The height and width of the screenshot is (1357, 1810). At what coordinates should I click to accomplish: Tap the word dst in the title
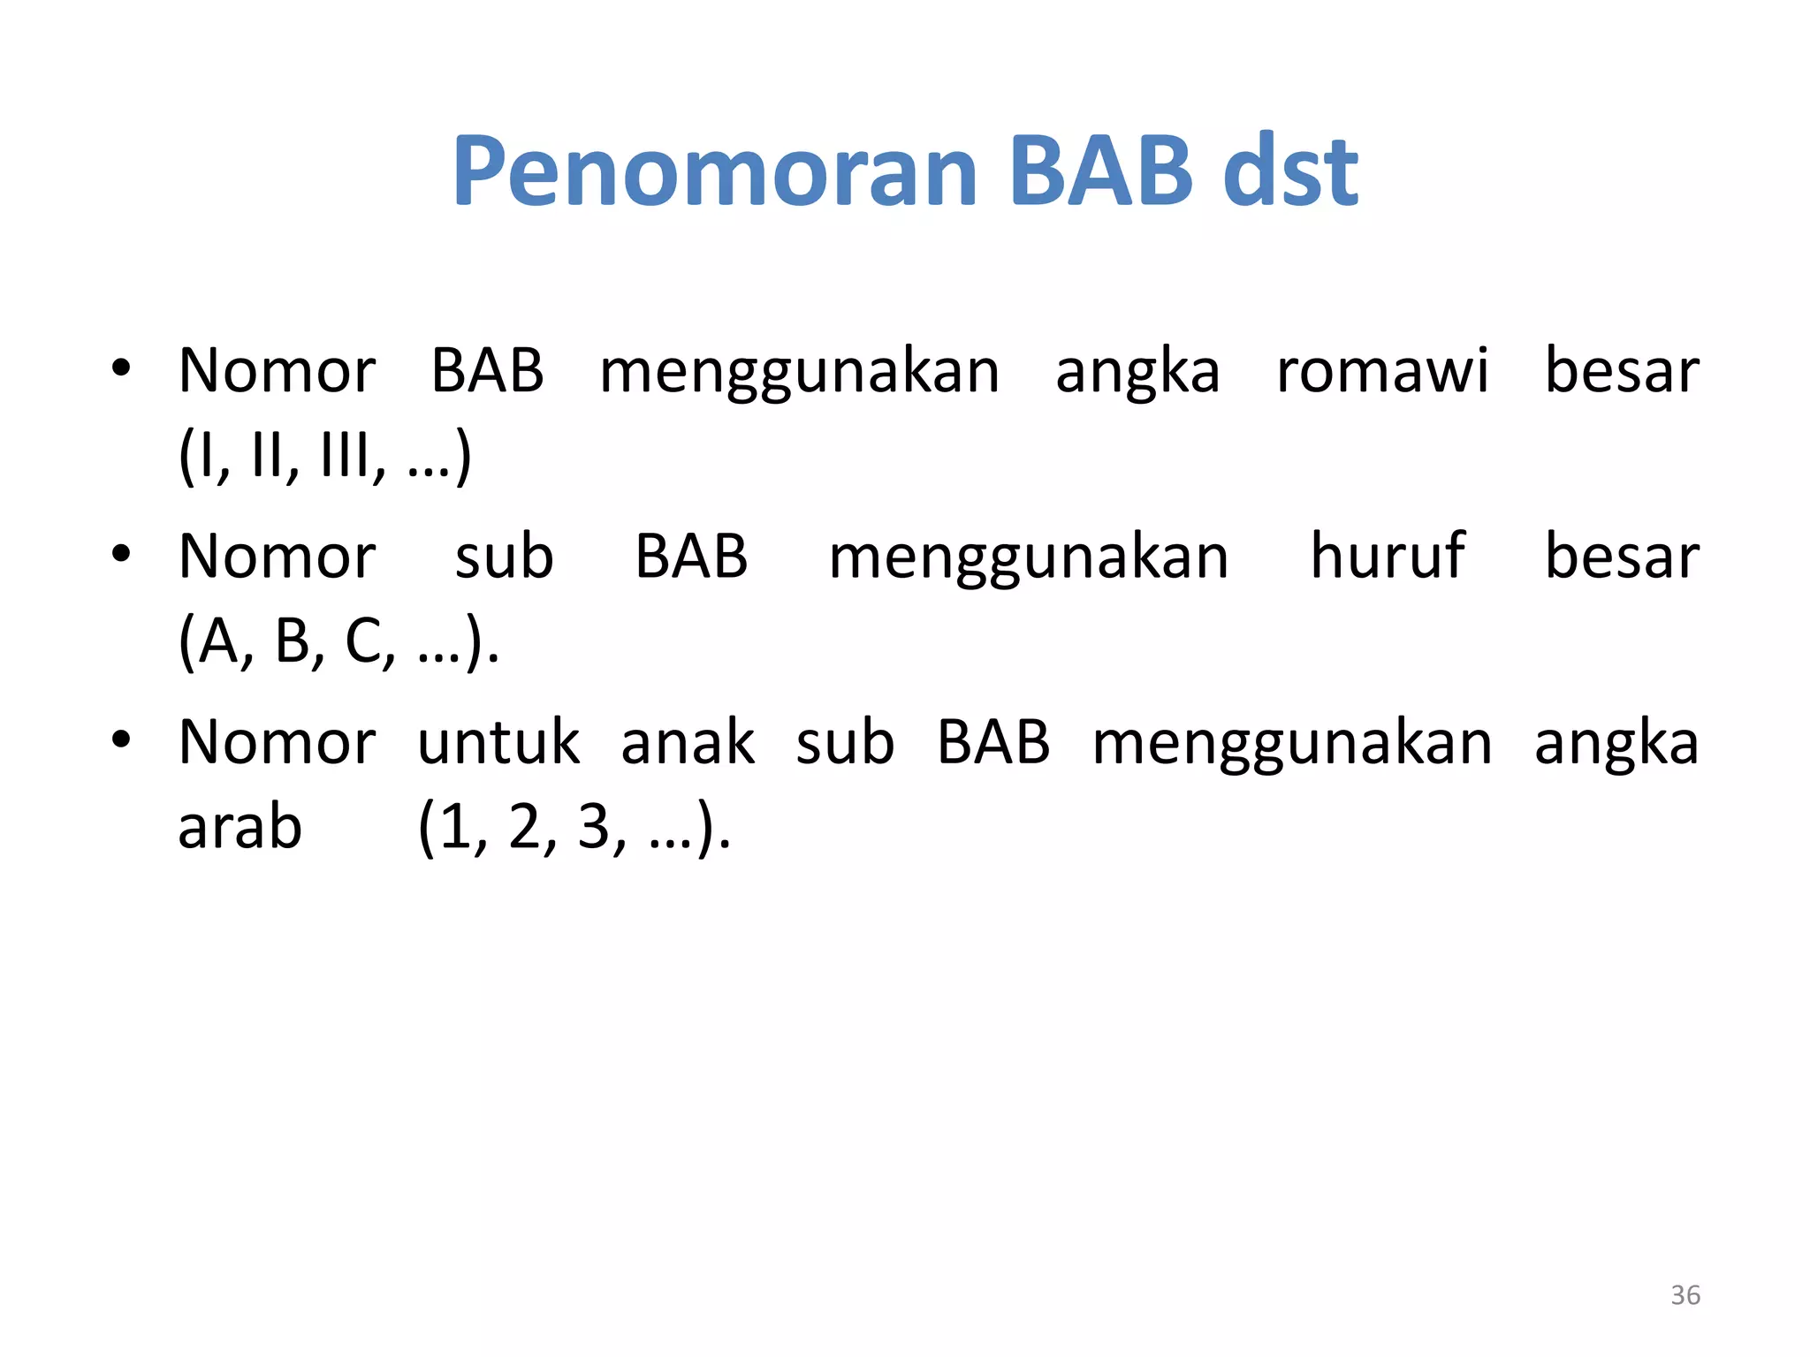pyautogui.click(x=1289, y=172)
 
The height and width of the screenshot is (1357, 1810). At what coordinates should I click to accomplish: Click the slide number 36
pyautogui.click(x=1685, y=1295)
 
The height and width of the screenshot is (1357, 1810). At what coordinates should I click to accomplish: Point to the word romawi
pyautogui.click(x=1382, y=371)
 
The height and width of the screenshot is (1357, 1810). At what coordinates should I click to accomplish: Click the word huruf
pyautogui.click(x=1387, y=557)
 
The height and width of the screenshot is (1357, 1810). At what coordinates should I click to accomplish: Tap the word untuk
pyautogui.click(x=498, y=742)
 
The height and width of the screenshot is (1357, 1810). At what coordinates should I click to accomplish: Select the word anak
pyautogui.click(x=688, y=742)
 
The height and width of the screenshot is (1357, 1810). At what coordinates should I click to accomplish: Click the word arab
pyautogui.click(x=240, y=829)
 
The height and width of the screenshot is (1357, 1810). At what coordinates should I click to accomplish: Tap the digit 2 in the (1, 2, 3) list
pyautogui.click(x=525, y=829)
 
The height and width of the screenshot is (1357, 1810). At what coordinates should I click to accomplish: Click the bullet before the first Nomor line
pyautogui.click(x=121, y=367)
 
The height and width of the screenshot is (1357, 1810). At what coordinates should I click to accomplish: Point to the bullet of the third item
pyautogui.click(x=121, y=738)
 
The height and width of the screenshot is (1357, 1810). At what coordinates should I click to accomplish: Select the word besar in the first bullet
pyautogui.click(x=1622, y=371)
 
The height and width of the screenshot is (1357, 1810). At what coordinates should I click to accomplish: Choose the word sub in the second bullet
pyautogui.click(x=504, y=557)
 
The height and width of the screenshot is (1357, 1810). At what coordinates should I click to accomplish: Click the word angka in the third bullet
pyautogui.click(x=1616, y=744)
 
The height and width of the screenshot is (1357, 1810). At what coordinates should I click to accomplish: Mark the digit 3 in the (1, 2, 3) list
pyautogui.click(x=595, y=829)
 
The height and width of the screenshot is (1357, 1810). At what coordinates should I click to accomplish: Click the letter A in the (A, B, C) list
pyautogui.click(x=218, y=641)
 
